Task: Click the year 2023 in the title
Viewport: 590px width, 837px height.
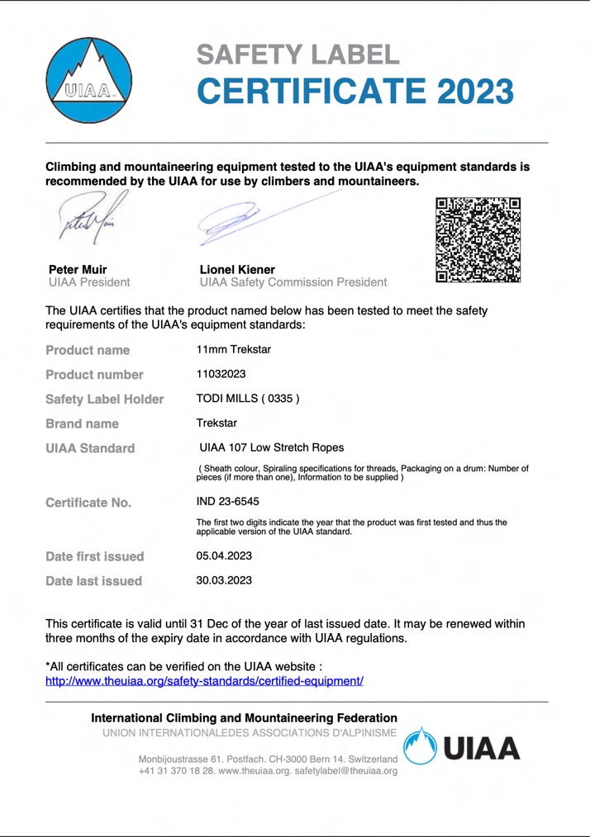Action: [463, 90]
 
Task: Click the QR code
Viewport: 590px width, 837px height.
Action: [478, 240]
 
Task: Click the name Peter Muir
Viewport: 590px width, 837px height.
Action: [78, 269]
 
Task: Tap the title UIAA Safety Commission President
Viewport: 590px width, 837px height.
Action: [293, 283]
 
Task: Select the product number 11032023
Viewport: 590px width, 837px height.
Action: [221, 374]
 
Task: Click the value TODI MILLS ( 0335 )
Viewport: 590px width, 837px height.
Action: [247, 399]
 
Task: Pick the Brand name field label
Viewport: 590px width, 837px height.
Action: [83, 424]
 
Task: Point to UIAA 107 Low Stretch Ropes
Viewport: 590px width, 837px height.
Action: [265, 448]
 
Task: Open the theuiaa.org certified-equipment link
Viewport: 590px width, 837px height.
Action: [204, 682]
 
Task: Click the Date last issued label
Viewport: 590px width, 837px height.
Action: [93, 581]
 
